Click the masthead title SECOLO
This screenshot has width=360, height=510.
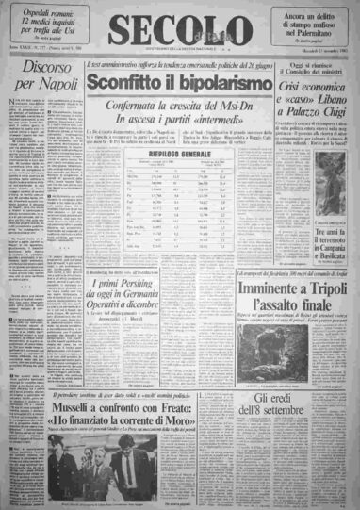179,25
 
